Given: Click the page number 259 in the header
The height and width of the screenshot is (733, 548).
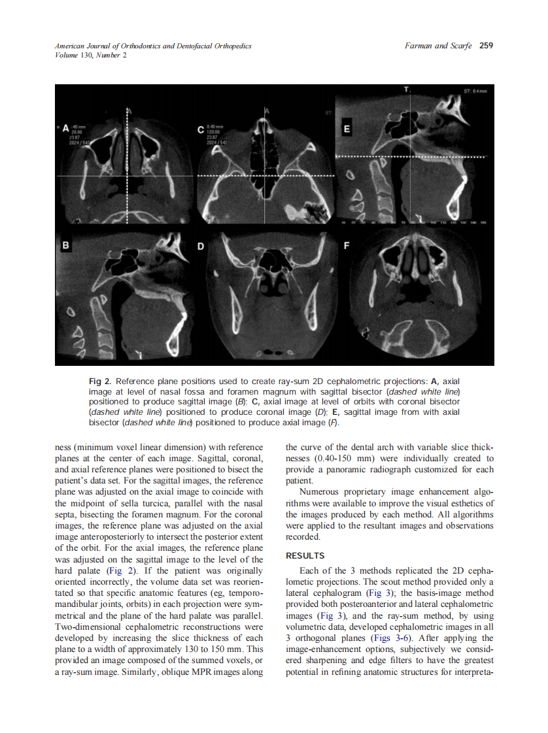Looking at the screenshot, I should click(x=486, y=46).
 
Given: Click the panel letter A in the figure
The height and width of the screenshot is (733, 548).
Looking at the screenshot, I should click(x=65, y=129).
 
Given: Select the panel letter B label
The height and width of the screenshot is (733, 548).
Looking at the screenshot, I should click(x=65, y=246).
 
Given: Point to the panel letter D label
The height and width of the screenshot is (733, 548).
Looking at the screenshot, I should click(x=201, y=246).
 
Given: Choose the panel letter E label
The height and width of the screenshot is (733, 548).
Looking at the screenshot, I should click(x=347, y=129).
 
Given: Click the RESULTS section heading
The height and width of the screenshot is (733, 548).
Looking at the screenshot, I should click(x=305, y=556).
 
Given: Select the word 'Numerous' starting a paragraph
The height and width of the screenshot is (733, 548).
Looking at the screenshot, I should click(x=321, y=492).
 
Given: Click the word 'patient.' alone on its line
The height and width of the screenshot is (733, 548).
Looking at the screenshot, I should click(x=300, y=480).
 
